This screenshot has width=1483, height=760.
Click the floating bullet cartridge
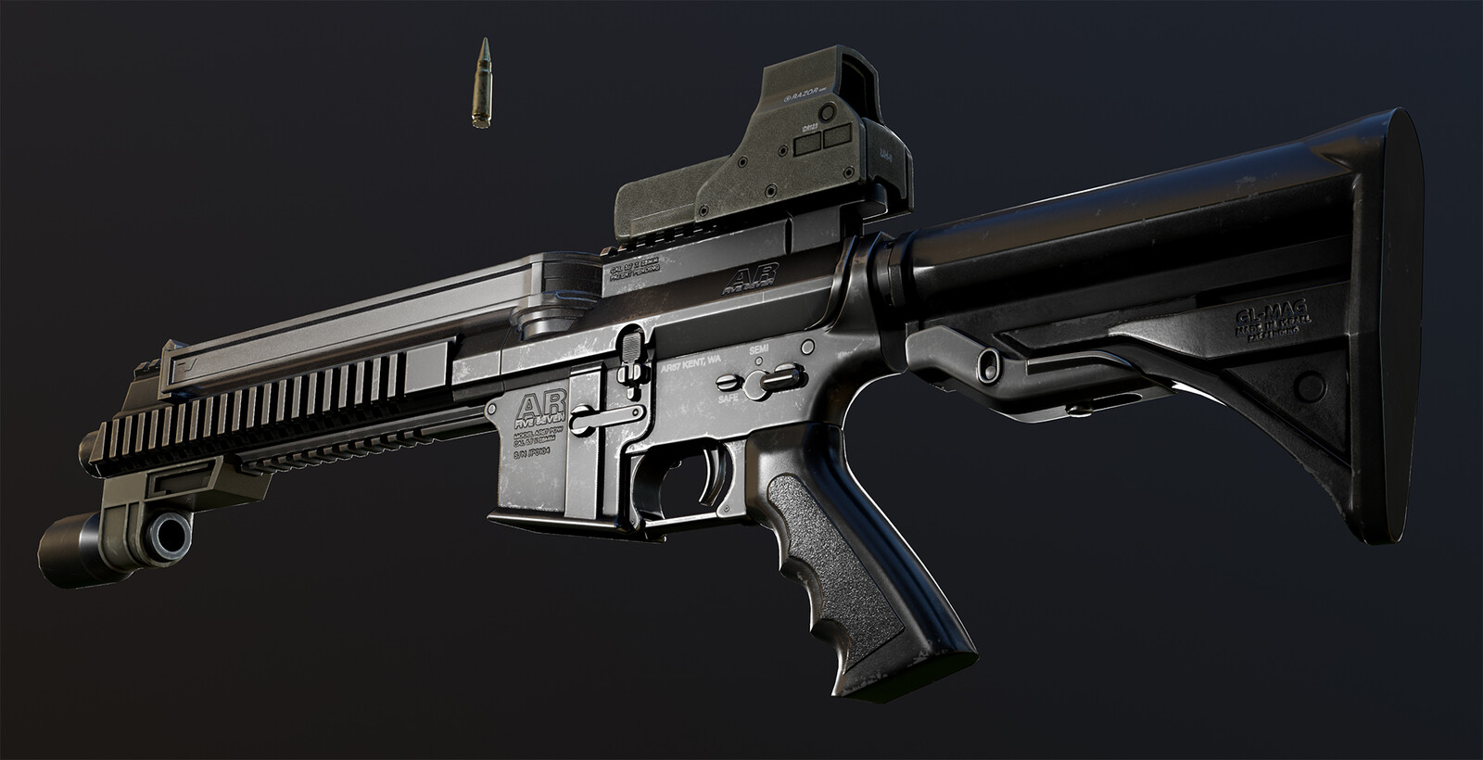483,84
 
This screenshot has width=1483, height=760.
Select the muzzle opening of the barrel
170,534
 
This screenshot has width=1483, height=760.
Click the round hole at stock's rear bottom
1309,383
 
